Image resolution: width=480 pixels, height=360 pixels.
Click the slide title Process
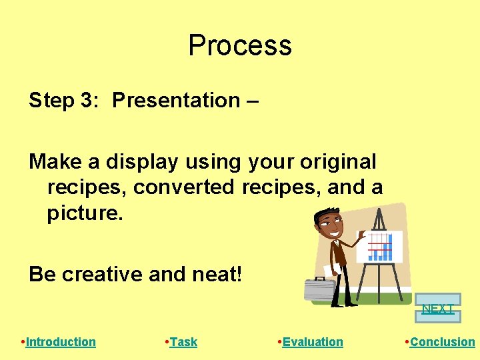tap(240, 45)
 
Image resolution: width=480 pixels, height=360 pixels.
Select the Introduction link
tap(61, 342)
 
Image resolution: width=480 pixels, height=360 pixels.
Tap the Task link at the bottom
tap(183, 342)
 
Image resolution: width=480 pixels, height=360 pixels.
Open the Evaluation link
tap(313, 342)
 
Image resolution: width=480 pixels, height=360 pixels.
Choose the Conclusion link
tap(442, 342)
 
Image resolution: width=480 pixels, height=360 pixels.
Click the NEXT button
tap(438, 308)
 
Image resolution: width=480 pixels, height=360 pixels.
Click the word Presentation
tap(176, 101)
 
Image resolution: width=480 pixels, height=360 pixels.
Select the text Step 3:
tap(64, 101)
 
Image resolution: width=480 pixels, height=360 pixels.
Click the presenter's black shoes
tap(343, 303)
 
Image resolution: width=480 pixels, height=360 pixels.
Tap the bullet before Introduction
tap(23, 342)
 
